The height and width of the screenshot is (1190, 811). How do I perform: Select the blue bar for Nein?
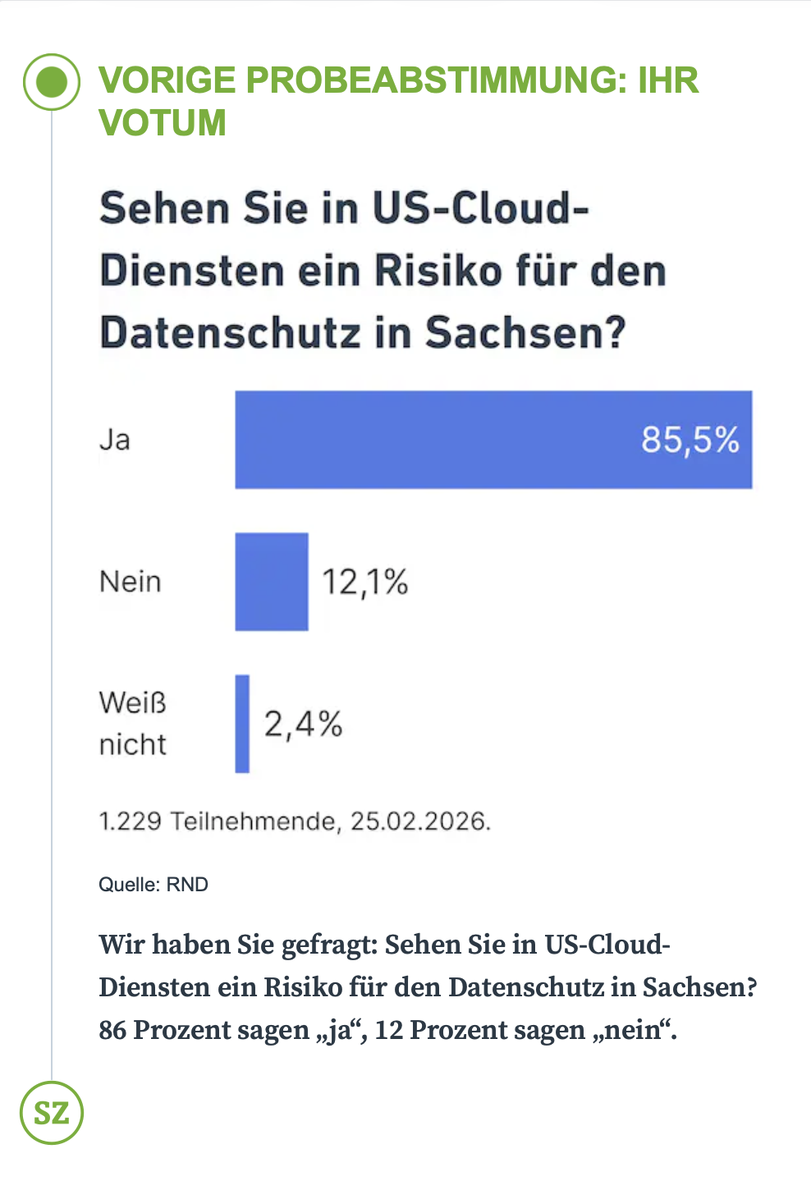pyautogui.click(x=272, y=582)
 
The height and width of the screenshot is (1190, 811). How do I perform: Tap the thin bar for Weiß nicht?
pyautogui.click(x=242, y=724)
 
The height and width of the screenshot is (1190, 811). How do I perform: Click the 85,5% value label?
pyautogui.click(x=690, y=440)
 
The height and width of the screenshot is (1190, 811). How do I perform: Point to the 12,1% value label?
pyautogui.click(x=364, y=583)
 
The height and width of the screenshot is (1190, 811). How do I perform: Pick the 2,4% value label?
pyautogui.click(x=303, y=725)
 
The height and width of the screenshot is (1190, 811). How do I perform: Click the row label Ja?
pyautogui.click(x=115, y=440)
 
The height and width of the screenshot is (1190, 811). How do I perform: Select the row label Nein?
pyautogui.click(x=130, y=582)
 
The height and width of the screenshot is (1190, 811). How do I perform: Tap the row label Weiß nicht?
pyautogui.click(x=132, y=724)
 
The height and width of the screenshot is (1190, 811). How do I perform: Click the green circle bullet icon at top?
pyautogui.click(x=52, y=81)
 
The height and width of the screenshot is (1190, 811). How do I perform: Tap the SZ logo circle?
pyautogui.click(x=52, y=1113)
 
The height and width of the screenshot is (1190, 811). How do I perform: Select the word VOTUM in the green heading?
pyautogui.click(x=163, y=123)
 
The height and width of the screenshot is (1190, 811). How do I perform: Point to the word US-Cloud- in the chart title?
pyautogui.click(x=480, y=208)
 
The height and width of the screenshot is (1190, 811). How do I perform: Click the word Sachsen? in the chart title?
pyautogui.click(x=525, y=333)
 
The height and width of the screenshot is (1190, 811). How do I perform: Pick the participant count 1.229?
pyautogui.click(x=130, y=821)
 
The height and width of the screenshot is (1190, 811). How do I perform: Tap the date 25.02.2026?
pyautogui.click(x=420, y=821)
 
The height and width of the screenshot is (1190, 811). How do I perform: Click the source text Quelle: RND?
pyautogui.click(x=153, y=885)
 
